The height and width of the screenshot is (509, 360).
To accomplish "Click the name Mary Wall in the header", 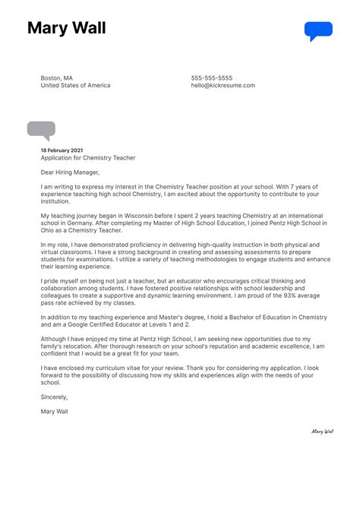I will coord(66,29).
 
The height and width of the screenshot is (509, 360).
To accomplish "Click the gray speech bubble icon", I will coord(41,131).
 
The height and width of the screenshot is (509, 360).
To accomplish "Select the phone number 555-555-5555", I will coord(212,78).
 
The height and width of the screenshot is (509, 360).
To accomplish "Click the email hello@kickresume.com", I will coord(223,86).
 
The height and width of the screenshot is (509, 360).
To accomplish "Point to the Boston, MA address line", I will coord(57,78).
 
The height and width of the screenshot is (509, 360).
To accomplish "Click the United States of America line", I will coord(75,86).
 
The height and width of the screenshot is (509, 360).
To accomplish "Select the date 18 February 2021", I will coord(62,150).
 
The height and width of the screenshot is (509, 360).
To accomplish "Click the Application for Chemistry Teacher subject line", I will coord(88,158).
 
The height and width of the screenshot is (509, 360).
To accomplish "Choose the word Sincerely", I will coord(55,397).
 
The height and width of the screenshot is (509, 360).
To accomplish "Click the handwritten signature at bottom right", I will coord(322,431).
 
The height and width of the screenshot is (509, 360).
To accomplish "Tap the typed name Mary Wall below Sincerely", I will coord(55,412).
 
